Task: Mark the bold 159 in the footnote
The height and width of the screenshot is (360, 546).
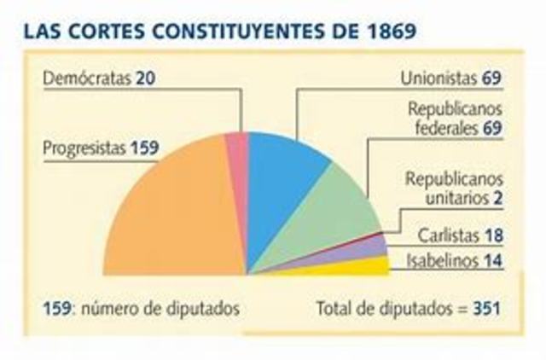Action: click(x=55, y=307)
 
